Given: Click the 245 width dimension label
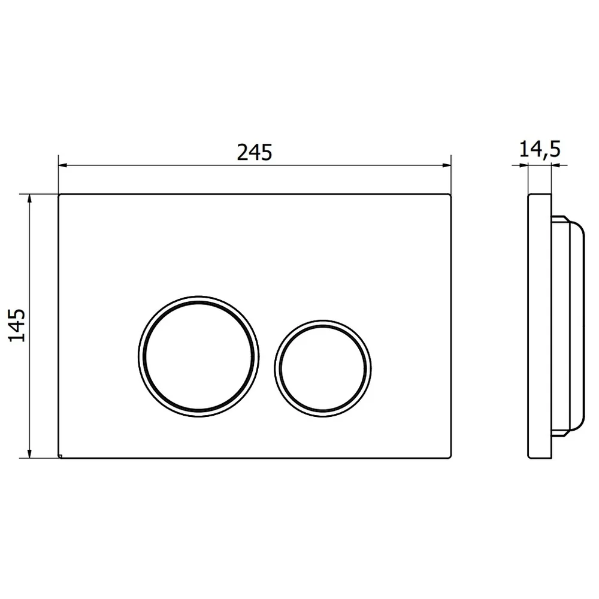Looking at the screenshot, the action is coord(255,152).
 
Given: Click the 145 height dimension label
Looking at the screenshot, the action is coord(17,325).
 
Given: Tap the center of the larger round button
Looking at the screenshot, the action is coord(199,356).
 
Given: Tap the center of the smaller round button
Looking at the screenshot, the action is coord(323,368).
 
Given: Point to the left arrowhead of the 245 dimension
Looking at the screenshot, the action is coord(63,165).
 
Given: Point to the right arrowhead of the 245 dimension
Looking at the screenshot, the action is coord(447,165).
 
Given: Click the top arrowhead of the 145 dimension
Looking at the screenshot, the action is coord(29,199).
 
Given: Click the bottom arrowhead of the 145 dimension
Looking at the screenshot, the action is coord(29,453).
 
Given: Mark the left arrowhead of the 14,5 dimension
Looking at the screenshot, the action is coord(523,165).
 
